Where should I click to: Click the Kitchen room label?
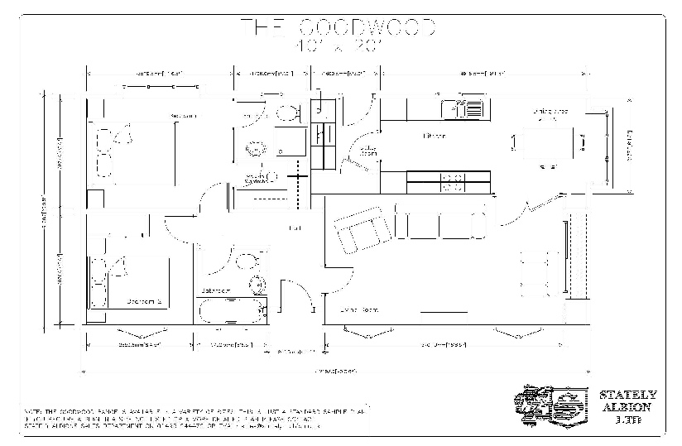pyautogui.click(x=434, y=135)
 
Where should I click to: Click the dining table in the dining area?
pyautogui.click(x=549, y=143)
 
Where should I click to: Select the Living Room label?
pyautogui.click(x=359, y=309)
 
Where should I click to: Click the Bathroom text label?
pyautogui.click(x=215, y=291)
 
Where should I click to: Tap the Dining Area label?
pyautogui.click(x=550, y=110)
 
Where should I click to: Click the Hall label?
pyautogui.click(x=293, y=227)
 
